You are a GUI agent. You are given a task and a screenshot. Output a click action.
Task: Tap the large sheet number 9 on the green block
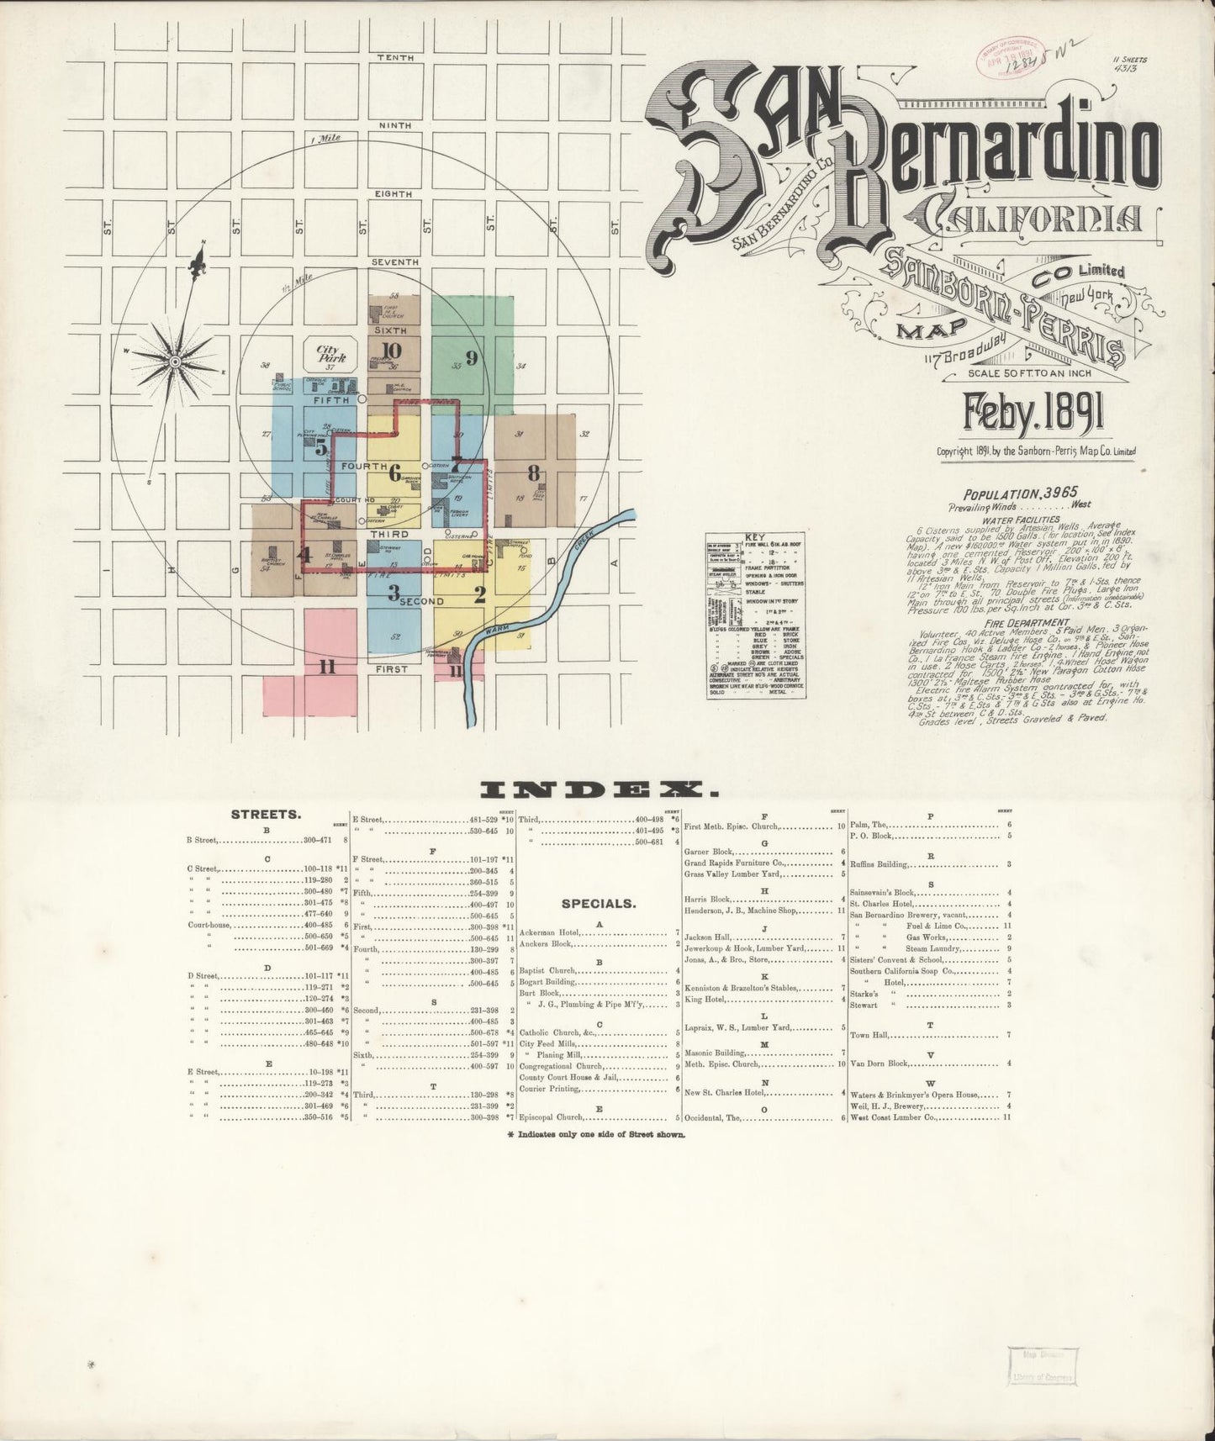[x=472, y=357]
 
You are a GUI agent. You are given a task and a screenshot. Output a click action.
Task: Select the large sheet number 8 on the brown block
[x=533, y=473]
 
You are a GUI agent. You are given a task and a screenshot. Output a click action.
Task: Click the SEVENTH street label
[x=394, y=262]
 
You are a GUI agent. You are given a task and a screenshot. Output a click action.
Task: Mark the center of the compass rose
[x=176, y=362]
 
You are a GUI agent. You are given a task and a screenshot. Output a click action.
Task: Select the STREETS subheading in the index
[x=266, y=815]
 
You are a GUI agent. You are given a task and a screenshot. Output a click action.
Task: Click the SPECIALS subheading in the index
[x=599, y=904]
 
